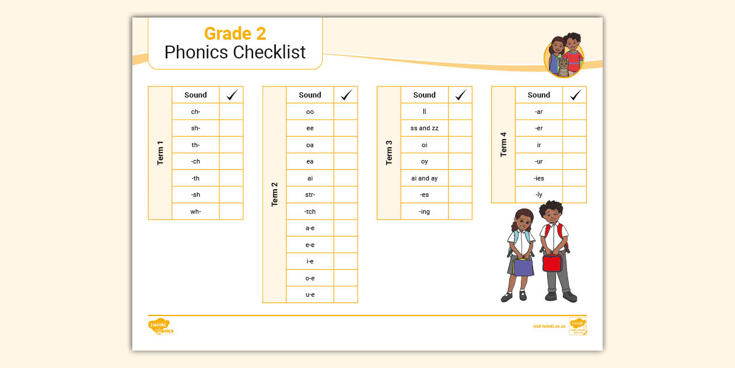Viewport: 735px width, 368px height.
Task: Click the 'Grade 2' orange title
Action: (x=235, y=33)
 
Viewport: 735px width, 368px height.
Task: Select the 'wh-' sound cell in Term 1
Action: (x=195, y=211)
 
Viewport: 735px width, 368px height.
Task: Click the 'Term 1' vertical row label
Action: (x=160, y=152)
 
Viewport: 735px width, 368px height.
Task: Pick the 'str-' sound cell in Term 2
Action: (x=310, y=195)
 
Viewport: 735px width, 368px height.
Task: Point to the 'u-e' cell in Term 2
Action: (x=310, y=294)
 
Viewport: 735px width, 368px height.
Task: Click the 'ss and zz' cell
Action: (x=424, y=128)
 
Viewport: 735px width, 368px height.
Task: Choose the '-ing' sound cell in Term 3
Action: (x=424, y=211)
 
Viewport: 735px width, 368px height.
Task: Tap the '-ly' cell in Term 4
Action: (x=538, y=195)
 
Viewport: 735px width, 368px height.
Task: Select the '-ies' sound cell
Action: (x=538, y=178)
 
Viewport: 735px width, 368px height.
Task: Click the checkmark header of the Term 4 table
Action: (x=575, y=95)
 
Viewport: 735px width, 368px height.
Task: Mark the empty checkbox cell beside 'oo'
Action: (x=346, y=112)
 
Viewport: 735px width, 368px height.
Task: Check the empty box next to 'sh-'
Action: (x=231, y=128)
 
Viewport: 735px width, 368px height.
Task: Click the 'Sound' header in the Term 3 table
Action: (x=424, y=95)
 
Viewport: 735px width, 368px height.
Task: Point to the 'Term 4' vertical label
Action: (x=503, y=144)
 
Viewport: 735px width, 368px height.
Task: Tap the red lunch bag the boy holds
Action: (x=552, y=263)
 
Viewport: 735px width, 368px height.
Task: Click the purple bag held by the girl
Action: (x=523, y=267)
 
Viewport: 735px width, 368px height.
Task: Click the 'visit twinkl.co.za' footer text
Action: (x=549, y=326)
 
